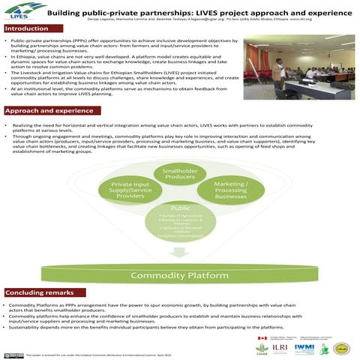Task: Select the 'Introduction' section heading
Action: (x=28, y=28)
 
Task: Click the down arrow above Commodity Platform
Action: (x=180, y=253)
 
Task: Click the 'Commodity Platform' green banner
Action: (x=180, y=275)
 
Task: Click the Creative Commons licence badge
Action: (x=13, y=353)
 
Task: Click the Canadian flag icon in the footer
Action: (x=262, y=338)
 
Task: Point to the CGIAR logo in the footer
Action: (x=262, y=349)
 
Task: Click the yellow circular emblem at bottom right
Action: (x=342, y=347)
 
